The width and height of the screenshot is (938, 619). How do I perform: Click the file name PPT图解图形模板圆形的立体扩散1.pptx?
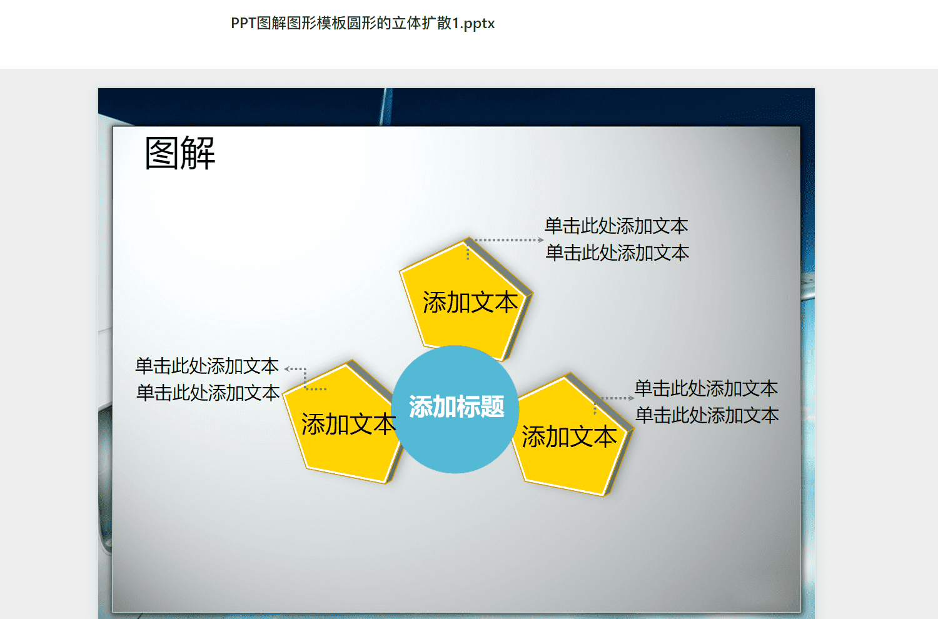[363, 24]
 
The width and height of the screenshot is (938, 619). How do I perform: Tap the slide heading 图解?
[180, 153]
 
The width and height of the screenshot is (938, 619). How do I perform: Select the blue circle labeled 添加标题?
[455, 409]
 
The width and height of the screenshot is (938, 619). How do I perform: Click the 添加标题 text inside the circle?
[456, 406]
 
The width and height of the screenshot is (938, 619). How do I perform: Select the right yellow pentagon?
[572, 436]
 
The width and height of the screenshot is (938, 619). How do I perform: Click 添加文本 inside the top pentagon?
[470, 303]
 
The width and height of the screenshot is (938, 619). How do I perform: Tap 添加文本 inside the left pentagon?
[348, 424]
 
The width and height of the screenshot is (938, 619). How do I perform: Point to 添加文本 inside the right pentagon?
[569, 437]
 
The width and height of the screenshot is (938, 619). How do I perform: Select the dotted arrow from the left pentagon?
[305, 379]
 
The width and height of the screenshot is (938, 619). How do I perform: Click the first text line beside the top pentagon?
[616, 226]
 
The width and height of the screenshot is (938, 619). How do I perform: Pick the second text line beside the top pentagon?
[617, 253]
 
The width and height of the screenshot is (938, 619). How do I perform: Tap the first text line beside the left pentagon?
[207, 366]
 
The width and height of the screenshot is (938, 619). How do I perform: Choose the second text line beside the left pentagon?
[208, 393]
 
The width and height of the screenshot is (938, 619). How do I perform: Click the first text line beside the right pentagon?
[706, 388]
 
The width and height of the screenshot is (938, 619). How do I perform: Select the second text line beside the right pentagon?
[707, 415]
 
